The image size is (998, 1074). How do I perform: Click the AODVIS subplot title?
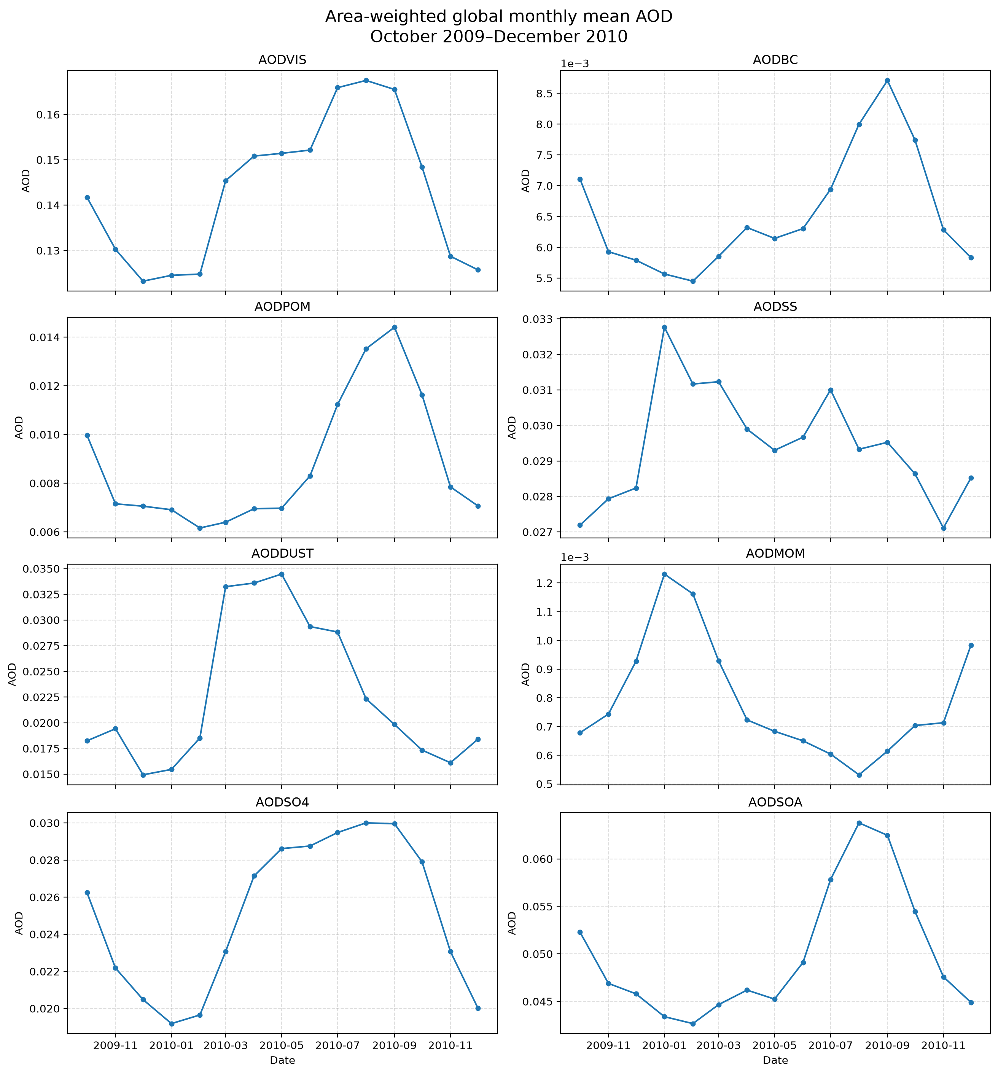[282, 60]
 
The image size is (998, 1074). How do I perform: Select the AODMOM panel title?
[775, 554]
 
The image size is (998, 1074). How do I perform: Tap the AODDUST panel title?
[282, 554]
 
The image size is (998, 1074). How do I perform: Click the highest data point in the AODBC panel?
[887, 80]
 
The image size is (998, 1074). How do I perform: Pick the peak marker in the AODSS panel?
[664, 327]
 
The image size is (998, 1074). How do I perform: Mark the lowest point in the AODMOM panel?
[859, 775]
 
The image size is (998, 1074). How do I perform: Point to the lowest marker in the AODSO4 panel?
[172, 1024]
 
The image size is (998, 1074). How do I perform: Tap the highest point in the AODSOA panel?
[859, 823]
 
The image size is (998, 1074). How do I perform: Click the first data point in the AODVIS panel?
[88, 197]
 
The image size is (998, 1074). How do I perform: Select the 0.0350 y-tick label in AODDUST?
[41, 569]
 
